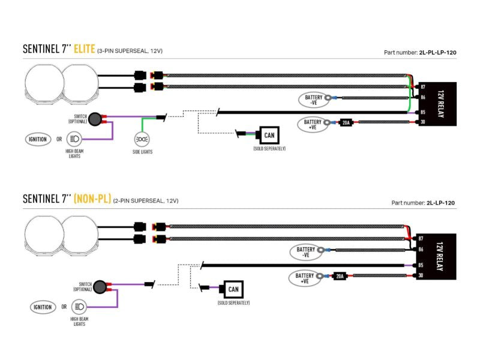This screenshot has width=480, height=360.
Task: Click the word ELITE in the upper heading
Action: pyautogui.click(x=85, y=49)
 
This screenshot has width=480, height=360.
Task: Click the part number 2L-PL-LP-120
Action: pyautogui.click(x=438, y=52)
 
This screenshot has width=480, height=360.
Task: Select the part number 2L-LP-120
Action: pyautogui.click(x=440, y=203)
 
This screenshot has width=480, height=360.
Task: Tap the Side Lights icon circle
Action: pyautogui.click(x=142, y=139)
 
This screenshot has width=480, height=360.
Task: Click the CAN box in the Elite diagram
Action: pyautogui.click(x=269, y=136)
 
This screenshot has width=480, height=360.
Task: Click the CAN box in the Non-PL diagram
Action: pyautogui.click(x=233, y=289)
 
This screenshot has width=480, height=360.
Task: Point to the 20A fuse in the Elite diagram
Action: pyautogui.click(x=346, y=123)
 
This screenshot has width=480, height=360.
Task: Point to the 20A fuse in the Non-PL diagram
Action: pyautogui.click(x=340, y=276)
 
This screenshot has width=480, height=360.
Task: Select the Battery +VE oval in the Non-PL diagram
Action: pyautogui.click(x=304, y=278)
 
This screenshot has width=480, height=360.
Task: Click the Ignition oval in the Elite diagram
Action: pyautogui.click(x=38, y=139)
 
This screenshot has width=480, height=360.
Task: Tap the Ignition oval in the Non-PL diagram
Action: pyautogui.click(x=43, y=307)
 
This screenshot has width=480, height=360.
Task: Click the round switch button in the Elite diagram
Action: pyautogui.click(x=95, y=119)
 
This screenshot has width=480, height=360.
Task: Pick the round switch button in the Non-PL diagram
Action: pyautogui.click(x=100, y=287)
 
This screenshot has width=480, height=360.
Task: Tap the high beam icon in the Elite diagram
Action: pyautogui.click(x=74, y=139)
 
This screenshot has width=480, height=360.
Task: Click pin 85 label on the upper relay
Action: pyautogui.click(x=423, y=112)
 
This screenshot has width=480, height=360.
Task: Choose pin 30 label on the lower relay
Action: pyautogui.click(x=421, y=275)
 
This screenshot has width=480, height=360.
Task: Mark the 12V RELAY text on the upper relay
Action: pyautogui.click(x=441, y=104)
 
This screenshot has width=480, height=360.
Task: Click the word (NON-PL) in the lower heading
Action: pyautogui.click(x=92, y=199)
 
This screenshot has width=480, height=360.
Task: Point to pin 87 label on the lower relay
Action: pyautogui.click(x=421, y=238)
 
